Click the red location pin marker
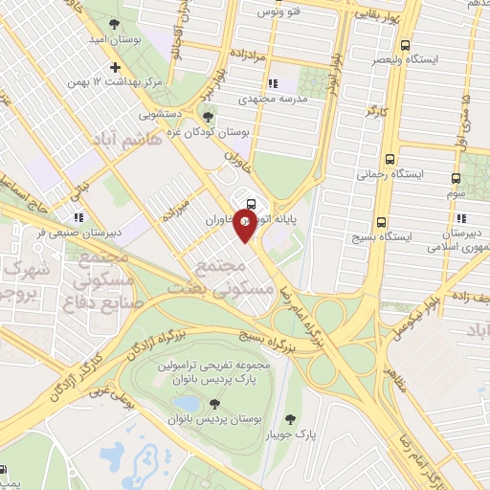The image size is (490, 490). [x=245, y=226]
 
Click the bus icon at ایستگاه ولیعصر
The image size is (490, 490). [x=406, y=45]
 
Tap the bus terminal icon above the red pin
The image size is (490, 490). [x=251, y=203]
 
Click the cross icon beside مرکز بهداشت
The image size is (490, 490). [x=116, y=68]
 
